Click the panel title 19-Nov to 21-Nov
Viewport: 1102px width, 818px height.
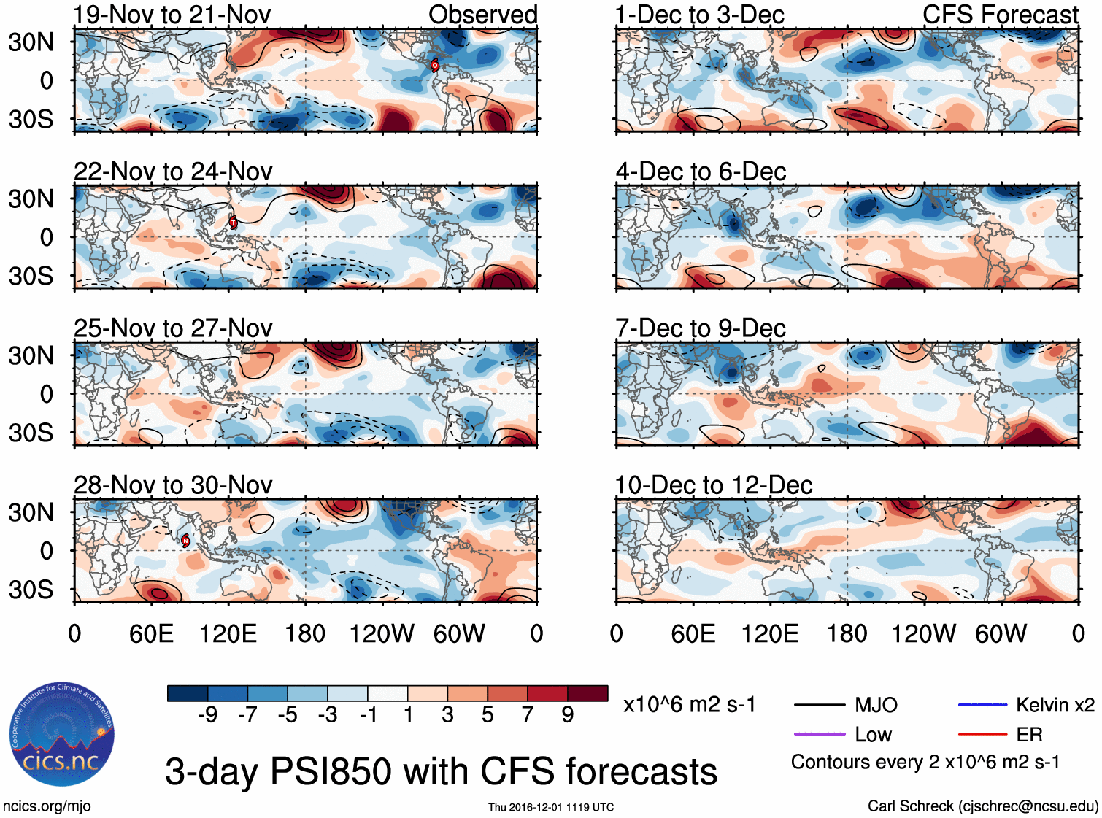[x=172, y=15]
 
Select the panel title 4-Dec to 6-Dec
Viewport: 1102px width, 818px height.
[x=701, y=171]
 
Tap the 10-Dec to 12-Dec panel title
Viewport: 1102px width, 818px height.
[x=713, y=485]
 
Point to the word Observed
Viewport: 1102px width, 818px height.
[x=482, y=15]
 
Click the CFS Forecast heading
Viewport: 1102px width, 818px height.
[x=1000, y=15]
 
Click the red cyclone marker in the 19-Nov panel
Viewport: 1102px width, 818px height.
[x=435, y=65]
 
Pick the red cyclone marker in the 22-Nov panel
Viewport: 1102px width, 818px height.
[x=234, y=222]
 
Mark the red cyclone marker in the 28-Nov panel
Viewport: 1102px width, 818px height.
[x=185, y=540]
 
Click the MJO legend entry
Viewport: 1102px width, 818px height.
[x=876, y=705]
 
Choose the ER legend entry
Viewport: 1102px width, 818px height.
[x=1029, y=734]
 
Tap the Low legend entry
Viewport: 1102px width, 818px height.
[x=873, y=734]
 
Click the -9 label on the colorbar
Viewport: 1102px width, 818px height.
[x=207, y=715]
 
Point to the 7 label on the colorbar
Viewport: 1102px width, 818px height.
[x=528, y=715]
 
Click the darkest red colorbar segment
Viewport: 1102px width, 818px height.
[x=587, y=693]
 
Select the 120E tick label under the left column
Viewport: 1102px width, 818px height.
[x=228, y=633]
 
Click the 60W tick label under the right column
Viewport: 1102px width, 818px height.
[x=1001, y=633]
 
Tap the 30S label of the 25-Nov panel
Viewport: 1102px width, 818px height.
[x=31, y=433]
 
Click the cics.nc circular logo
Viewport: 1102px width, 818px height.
[x=61, y=734]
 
